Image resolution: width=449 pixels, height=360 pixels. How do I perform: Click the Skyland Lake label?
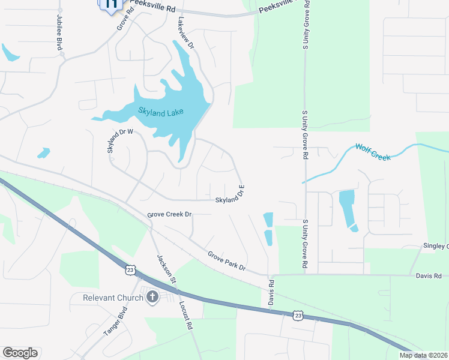point(160,111)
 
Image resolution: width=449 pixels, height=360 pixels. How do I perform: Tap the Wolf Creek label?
point(373,152)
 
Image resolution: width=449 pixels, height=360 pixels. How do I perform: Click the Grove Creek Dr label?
point(169,214)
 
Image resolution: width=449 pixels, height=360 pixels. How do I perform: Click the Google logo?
point(20,353)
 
